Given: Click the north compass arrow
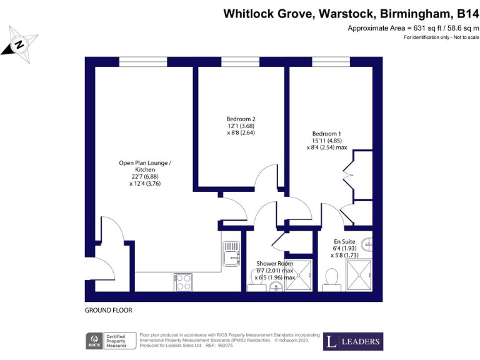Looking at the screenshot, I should pyautogui.click(x=19, y=44).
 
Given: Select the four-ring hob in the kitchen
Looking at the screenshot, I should pyautogui.click(x=183, y=282).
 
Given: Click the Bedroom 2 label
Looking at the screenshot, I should pyautogui.click(x=241, y=126).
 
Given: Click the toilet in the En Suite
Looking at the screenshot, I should pyautogui.click(x=332, y=276).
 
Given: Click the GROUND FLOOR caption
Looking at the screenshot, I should pyautogui.click(x=108, y=311).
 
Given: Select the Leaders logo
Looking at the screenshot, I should pyautogui.click(x=352, y=341).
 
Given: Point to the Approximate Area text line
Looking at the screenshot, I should pyautogui.click(x=412, y=28).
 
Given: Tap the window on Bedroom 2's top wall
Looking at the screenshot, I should pyautogui.click(x=240, y=62).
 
